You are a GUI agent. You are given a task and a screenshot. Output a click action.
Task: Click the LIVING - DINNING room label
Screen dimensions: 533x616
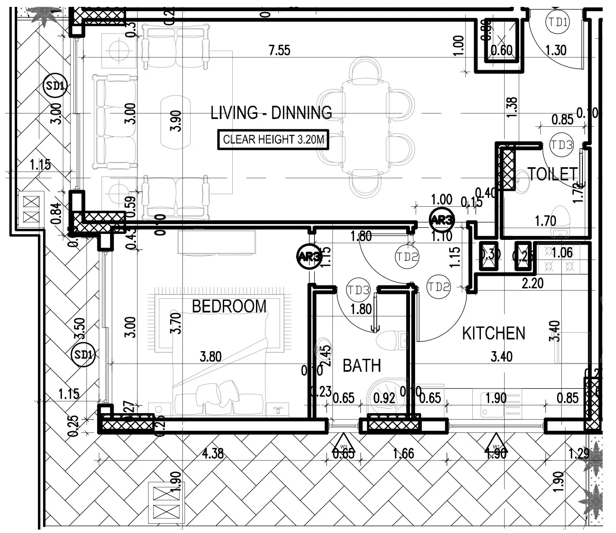(271, 113)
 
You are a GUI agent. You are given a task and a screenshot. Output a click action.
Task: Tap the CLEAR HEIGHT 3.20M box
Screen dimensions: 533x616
(273, 140)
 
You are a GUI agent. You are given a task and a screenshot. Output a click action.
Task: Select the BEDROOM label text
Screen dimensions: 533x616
(229, 306)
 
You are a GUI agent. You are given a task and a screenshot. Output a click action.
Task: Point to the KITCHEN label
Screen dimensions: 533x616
(493, 334)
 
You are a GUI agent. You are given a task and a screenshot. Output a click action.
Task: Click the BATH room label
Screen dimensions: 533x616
(362, 366)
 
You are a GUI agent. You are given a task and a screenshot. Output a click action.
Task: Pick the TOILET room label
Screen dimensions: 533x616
(552, 174)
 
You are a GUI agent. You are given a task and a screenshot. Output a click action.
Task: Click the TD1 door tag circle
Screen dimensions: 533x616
(557, 22)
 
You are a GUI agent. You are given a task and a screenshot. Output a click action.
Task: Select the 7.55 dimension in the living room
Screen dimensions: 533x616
(279, 51)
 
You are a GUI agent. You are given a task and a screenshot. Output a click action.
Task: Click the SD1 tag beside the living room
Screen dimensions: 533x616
(55, 86)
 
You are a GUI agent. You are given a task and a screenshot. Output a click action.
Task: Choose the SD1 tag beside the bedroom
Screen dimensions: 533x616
(83, 355)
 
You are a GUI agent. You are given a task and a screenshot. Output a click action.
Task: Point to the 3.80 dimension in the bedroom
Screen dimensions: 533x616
(210, 356)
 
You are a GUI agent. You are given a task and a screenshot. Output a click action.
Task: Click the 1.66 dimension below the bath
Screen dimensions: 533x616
(403, 453)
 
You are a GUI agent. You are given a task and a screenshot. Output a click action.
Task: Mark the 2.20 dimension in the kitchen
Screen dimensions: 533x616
(533, 283)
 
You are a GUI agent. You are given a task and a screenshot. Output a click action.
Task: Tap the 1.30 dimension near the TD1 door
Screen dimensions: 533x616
(556, 51)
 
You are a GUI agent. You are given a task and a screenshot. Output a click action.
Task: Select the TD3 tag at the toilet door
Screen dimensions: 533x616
(562, 145)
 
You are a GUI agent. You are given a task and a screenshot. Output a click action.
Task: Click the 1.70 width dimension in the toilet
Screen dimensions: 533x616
(545, 221)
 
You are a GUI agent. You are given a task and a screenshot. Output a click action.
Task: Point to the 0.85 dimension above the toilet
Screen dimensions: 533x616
(562, 119)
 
